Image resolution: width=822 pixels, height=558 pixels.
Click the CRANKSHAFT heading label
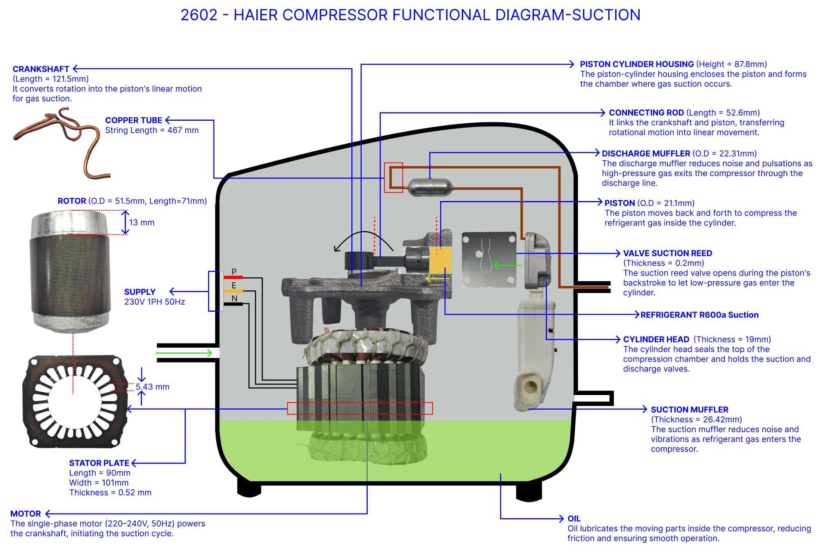[41, 69]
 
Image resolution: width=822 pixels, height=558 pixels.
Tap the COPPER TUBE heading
[133, 120]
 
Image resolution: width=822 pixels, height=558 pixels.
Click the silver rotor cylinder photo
[70, 271]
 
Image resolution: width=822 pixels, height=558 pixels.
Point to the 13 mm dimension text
[142, 222]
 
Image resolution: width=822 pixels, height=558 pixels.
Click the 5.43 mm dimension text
[152, 387]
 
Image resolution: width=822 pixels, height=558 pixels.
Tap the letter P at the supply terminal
[234, 272]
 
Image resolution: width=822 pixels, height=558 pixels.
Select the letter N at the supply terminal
[234, 298]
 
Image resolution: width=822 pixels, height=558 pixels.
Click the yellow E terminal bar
[233, 291]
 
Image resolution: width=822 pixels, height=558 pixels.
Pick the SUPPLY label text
[140, 292]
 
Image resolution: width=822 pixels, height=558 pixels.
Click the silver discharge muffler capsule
[430, 187]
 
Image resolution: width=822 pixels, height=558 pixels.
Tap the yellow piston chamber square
[440, 260]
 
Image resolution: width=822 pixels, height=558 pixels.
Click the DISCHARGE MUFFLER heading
[646, 154]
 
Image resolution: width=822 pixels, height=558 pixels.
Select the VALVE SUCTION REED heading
[668, 253]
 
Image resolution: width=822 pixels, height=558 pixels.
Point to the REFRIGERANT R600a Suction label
[699, 315]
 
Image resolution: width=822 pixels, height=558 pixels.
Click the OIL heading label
[574, 519]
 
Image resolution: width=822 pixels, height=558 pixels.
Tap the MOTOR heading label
[25, 514]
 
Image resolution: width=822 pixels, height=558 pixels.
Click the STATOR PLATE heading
[99, 463]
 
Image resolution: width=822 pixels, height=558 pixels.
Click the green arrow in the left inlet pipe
[183, 353]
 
